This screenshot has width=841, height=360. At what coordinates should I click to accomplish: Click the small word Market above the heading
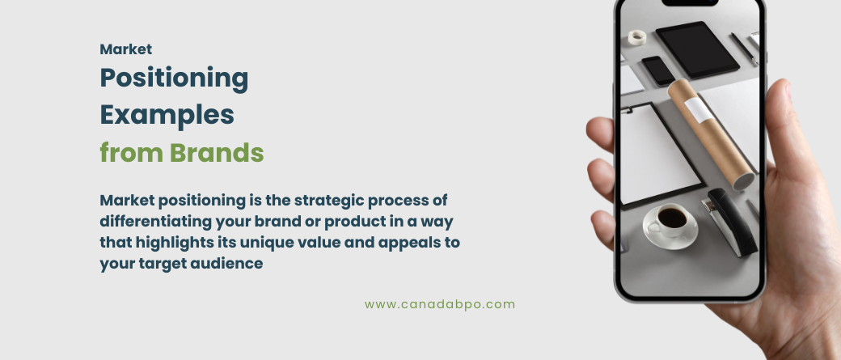[x=126, y=49]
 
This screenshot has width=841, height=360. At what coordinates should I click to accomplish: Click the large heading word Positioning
[x=174, y=78]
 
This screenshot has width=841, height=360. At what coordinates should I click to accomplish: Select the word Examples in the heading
[x=167, y=116]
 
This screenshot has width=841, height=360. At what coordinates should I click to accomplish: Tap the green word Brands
[x=217, y=152]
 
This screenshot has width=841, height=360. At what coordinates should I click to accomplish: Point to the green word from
[x=131, y=152]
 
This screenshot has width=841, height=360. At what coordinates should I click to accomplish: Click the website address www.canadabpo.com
[x=440, y=305]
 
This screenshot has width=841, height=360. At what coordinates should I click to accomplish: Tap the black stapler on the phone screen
[x=729, y=220]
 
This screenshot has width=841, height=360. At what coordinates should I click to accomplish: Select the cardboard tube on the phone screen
[x=711, y=133]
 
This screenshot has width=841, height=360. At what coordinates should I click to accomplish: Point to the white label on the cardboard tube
[x=697, y=110]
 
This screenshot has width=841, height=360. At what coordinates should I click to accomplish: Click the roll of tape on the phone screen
[x=637, y=37]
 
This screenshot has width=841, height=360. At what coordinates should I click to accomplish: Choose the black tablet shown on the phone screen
[x=697, y=50]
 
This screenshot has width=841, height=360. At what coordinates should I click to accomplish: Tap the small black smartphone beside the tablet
[x=658, y=70]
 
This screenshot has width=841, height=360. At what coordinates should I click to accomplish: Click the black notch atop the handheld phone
[x=690, y=2]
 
